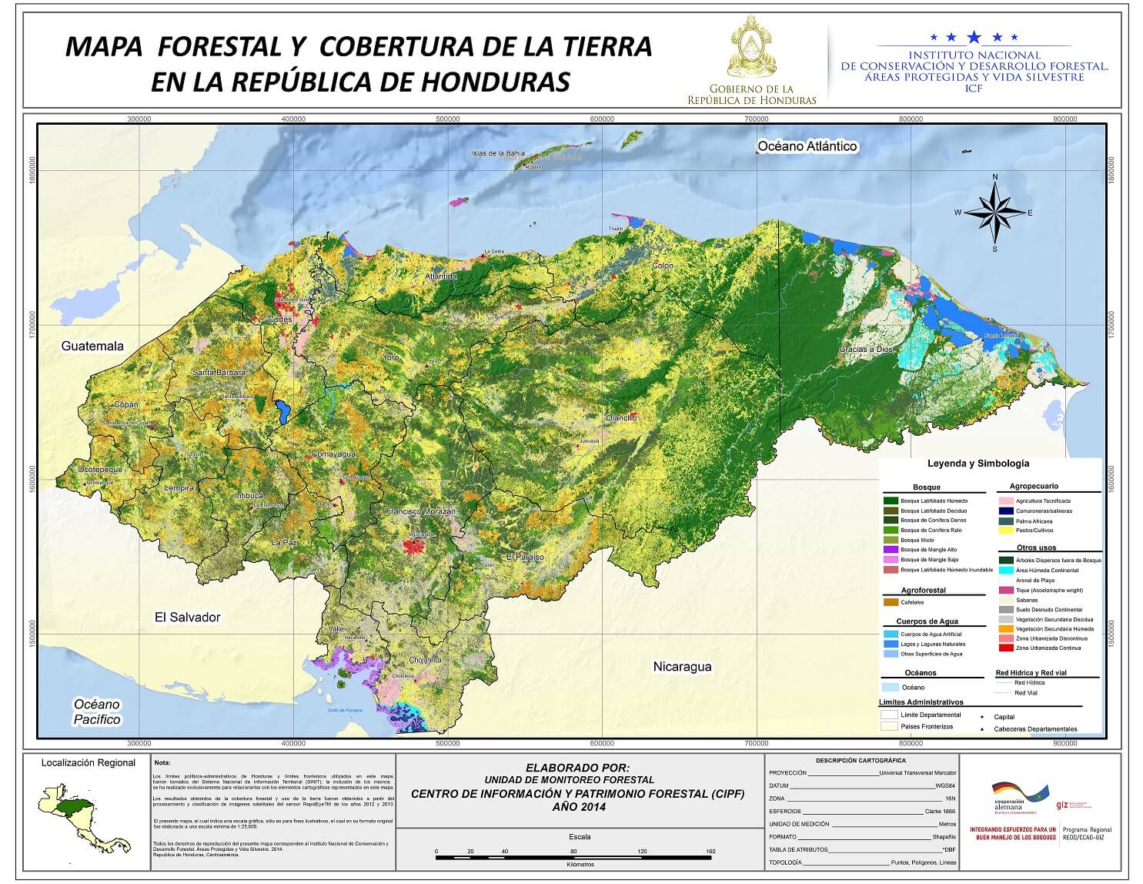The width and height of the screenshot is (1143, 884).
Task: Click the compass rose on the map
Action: coord(994,213)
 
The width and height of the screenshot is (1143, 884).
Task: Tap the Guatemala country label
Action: coord(92,346)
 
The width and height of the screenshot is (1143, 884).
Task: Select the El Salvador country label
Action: coord(187,617)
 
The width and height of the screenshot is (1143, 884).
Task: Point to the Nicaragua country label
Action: coord(682,666)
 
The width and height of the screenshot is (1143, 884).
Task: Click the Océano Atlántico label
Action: coord(807,146)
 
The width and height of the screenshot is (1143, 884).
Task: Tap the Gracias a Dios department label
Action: coord(866,349)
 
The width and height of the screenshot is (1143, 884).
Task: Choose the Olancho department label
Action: coord(621,417)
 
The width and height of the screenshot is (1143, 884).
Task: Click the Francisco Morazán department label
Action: coord(421,511)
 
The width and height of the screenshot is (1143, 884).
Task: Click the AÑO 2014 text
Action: coord(578,807)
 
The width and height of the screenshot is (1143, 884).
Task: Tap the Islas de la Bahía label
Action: coord(498,153)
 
